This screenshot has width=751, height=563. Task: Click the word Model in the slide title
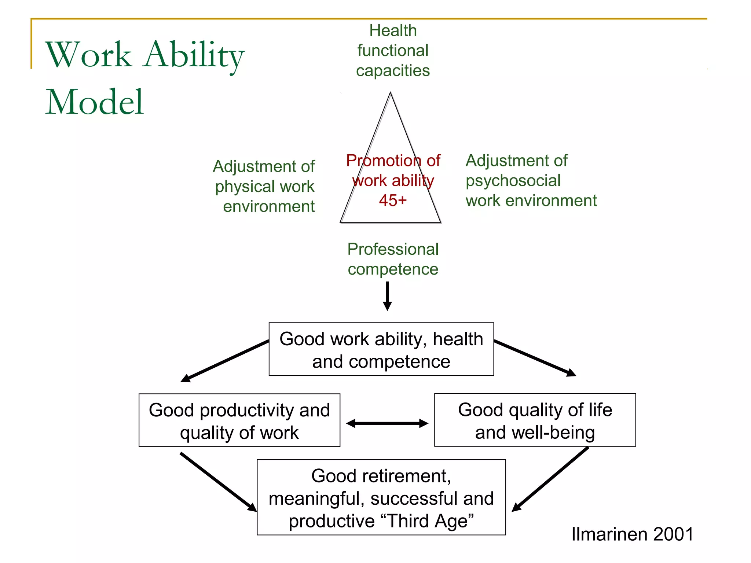coord(94,102)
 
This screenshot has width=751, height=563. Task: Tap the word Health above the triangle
coord(393,31)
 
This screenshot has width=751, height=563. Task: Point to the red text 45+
coord(393,200)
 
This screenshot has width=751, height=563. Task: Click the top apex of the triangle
coord(390,94)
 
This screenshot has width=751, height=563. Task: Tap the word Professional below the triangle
coord(393,249)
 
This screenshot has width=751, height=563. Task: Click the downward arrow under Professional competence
coord(387,296)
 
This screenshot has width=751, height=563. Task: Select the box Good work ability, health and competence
coord(381,349)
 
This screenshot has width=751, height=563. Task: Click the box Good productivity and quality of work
coord(239,420)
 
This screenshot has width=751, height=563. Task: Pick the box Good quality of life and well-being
coord(535,420)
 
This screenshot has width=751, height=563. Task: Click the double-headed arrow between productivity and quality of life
coord(387,424)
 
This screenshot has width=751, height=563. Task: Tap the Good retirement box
coord(381,497)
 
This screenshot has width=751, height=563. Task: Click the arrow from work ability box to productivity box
coord(224,361)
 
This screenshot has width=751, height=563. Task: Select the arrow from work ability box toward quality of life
coord(535,358)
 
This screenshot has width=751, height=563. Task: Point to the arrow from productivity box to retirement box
coord(219,482)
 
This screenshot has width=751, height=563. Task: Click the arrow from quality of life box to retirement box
coord(550,479)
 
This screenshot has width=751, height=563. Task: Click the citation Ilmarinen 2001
coord(632,534)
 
